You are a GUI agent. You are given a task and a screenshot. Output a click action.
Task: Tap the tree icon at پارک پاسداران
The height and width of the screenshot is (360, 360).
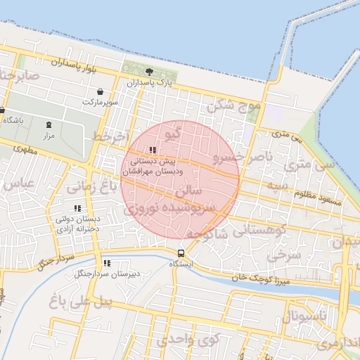(149, 72)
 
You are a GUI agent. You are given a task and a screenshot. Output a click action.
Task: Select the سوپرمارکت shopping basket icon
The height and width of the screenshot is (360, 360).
(101, 92)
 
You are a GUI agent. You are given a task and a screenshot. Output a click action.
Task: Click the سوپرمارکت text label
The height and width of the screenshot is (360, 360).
(101, 103)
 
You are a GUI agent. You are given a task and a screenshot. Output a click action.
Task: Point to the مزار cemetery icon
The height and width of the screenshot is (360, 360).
(49, 124)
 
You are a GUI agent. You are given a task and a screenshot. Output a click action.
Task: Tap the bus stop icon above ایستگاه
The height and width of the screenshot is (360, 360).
(181, 253)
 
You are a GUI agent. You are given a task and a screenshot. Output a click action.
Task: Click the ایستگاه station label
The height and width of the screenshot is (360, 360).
(181, 264)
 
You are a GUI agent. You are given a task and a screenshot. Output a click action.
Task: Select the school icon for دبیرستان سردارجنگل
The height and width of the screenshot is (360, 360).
(107, 263)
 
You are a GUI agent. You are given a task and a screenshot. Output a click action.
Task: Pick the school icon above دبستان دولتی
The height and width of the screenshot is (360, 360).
(77, 208)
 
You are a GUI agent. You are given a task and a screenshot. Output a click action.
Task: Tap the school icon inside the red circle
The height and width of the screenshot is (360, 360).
(153, 150)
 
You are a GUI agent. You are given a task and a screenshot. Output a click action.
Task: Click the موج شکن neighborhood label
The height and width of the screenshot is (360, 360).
(233, 106)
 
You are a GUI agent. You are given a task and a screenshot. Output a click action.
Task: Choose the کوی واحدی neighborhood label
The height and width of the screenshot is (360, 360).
(188, 339)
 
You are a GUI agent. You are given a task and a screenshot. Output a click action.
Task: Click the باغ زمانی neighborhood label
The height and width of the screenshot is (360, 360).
(90, 187)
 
